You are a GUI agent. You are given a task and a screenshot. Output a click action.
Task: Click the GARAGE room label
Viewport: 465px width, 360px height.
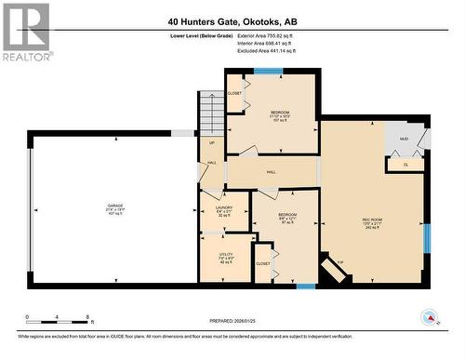[x=114, y=207]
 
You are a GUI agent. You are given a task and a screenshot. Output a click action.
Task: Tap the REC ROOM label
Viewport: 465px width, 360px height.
[x=372, y=222]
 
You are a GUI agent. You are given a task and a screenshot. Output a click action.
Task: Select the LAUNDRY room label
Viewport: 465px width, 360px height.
[x=223, y=209]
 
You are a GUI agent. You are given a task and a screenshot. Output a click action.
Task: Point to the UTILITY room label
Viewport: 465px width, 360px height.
[x=226, y=256]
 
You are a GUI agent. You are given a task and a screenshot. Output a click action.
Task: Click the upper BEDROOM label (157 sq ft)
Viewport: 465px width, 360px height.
[x=280, y=115]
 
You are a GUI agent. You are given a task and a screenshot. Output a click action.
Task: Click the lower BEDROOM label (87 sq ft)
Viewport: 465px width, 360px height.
[x=287, y=217]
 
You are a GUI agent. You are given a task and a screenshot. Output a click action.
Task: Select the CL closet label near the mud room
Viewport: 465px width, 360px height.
[x=405, y=164]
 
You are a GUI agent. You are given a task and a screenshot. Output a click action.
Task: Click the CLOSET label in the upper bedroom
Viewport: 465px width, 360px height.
[x=234, y=93]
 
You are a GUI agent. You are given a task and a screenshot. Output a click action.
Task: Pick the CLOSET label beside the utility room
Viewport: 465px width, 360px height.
[x=263, y=263]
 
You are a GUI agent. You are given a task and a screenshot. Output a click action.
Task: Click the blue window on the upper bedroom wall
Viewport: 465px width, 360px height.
[x=270, y=71]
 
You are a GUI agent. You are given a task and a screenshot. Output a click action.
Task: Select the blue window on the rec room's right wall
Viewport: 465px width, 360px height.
[x=428, y=237]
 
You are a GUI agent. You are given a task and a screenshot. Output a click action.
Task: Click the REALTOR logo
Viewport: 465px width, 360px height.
[x=25, y=32]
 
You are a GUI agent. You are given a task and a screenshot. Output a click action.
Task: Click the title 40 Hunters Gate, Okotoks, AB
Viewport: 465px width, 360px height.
[x=233, y=20]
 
